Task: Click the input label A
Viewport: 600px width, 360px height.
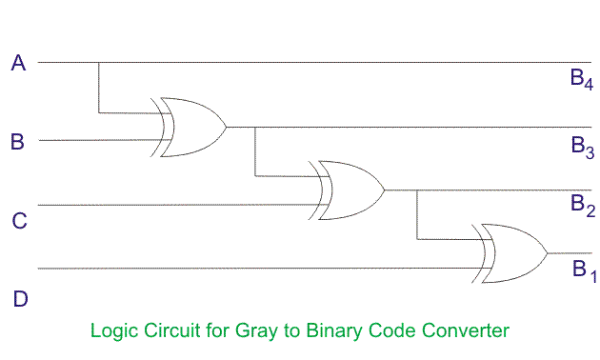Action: (x=18, y=63)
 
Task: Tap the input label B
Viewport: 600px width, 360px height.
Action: (x=17, y=142)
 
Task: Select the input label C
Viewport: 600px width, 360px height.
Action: (x=19, y=221)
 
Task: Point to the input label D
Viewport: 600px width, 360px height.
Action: (x=20, y=299)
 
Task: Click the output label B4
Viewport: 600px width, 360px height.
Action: (x=582, y=79)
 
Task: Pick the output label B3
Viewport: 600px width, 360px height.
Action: (x=583, y=148)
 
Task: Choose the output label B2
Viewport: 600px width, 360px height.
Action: (x=583, y=206)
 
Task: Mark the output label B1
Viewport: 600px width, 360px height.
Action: (x=585, y=270)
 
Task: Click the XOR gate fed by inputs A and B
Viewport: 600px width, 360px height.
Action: (x=188, y=127)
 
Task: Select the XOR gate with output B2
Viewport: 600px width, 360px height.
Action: (x=347, y=190)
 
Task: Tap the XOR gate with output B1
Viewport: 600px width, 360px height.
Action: (x=510, y=253)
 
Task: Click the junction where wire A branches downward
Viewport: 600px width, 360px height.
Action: (x=99, y=62)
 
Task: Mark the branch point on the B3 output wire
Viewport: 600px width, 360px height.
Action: (x=255, y=127)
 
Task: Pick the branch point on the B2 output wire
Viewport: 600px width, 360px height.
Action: (x=417, y=190)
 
